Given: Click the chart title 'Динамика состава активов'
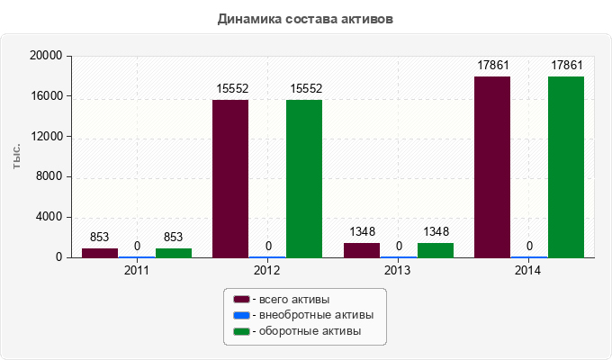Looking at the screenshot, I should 305,18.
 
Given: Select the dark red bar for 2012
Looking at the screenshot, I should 230,178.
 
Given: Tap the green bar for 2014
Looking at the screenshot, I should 566,166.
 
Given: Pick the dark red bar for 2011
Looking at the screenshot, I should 100,253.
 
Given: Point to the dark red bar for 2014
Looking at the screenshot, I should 492,166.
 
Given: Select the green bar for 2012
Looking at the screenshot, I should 304,178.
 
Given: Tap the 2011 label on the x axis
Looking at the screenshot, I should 137,269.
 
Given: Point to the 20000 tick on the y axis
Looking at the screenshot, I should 45,56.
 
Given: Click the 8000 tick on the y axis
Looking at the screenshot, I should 49,176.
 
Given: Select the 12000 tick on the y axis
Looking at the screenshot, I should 45,137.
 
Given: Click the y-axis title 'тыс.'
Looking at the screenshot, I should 17,156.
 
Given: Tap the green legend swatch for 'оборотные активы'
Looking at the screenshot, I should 241,331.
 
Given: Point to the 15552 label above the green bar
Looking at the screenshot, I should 305,88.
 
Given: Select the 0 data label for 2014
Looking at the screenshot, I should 529,246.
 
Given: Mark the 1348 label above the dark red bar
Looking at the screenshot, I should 361,232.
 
